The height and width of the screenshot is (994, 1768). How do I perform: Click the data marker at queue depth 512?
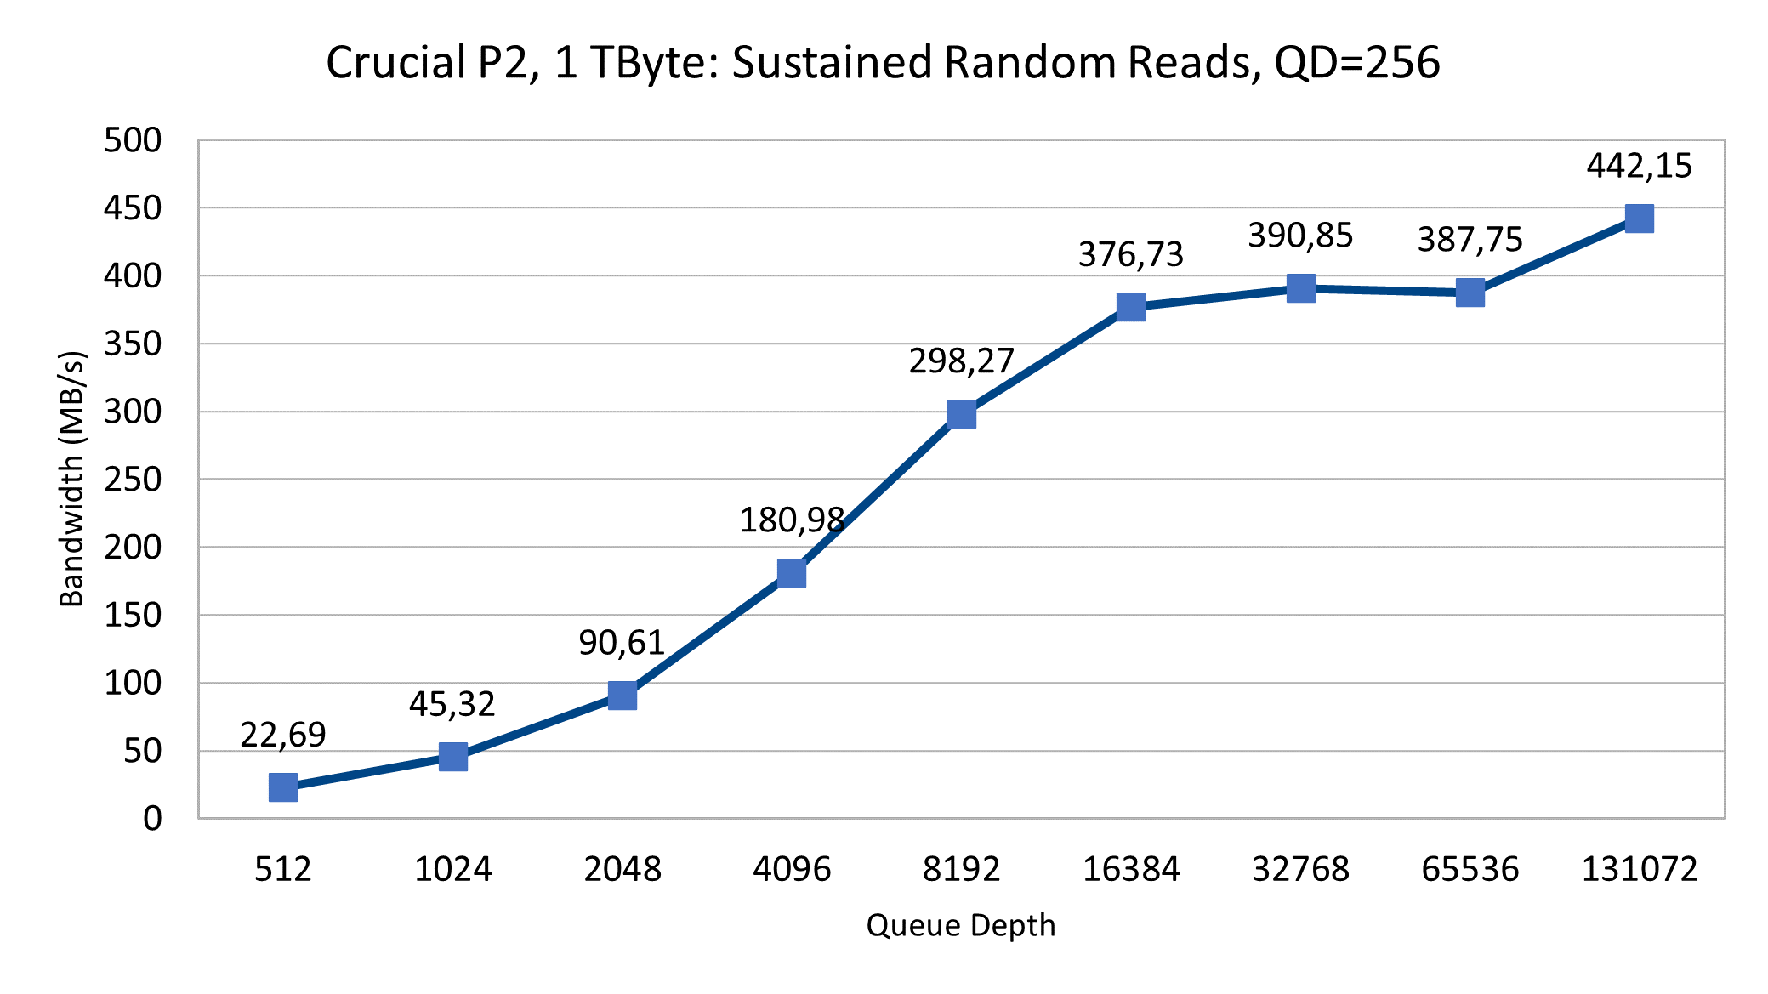coord(283,787)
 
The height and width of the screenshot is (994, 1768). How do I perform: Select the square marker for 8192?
coord(962,414)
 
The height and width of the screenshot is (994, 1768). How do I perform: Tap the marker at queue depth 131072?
coord(1639,219)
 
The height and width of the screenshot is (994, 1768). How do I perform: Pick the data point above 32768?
coord(1301,288)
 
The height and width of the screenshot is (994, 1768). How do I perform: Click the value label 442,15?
coord(1639,166)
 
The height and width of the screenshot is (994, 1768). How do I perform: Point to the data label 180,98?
coord(792,520)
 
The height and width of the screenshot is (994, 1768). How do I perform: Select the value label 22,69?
coord(283,735)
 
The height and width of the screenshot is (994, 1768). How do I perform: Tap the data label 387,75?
coord(1470,240)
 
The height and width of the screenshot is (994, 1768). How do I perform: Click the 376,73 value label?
coord(1131,254)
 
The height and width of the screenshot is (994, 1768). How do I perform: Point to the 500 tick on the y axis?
coord(133,140)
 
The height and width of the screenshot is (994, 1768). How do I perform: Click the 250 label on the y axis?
coord(133,480)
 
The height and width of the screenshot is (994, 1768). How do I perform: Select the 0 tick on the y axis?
coord(152,818)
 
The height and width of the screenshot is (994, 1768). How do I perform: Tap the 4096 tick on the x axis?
coord(792,869)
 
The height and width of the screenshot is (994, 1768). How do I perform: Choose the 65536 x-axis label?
coord(1470,869)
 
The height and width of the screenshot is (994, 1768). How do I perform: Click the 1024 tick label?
coord(452,869)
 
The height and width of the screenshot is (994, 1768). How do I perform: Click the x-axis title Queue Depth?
coord(961,925)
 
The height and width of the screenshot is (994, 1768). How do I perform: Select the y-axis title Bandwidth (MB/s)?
coord(72,479)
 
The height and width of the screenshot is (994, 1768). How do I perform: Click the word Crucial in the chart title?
coord(395,63)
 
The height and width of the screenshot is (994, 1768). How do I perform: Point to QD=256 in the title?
coord(1357,63)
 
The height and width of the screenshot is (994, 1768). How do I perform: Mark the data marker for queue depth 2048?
coord(622,696)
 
